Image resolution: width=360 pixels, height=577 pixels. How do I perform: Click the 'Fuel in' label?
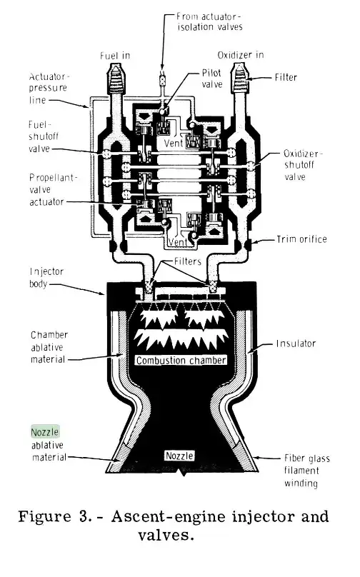[115, 56]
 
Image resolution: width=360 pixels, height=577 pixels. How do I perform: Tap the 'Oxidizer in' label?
[241, 55]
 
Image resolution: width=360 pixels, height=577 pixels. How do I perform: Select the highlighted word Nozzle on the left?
[45, 431]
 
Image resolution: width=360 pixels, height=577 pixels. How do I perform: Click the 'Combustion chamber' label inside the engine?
[181, 360]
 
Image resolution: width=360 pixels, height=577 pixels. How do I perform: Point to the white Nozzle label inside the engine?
[179, 456]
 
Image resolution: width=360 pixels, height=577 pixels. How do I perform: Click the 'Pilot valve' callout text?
[212, 79]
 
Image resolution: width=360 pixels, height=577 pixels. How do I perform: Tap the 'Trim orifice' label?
[302, 239]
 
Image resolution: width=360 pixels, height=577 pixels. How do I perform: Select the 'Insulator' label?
[296, 343]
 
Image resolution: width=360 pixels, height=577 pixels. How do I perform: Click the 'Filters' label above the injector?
[188, 261]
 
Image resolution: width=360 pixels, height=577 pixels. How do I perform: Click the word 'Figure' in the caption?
[44, 516]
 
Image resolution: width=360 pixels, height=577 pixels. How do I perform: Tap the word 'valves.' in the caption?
[166, 535]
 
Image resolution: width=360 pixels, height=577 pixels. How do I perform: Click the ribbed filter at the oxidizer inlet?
[239, 78]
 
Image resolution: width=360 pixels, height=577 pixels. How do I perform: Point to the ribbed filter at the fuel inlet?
[116, 79]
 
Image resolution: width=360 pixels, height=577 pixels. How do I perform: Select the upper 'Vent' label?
[174, 143]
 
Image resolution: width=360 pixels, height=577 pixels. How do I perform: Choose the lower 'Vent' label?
[178, 242]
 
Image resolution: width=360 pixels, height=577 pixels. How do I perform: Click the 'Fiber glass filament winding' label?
[306, 471]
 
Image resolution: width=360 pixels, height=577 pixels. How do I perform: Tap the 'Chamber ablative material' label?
[49, 347]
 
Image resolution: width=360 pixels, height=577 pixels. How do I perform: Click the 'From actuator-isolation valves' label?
[209, 21]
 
